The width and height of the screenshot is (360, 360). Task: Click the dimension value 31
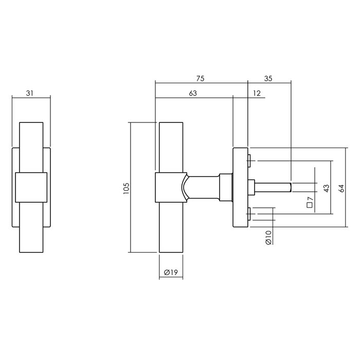(30, 93)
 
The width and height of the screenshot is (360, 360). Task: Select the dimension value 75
(201, 79)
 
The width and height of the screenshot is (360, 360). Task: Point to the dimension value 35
(268, 79)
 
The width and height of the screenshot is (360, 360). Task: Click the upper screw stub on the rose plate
(249, 161)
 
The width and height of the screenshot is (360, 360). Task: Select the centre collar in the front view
(31, 187)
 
